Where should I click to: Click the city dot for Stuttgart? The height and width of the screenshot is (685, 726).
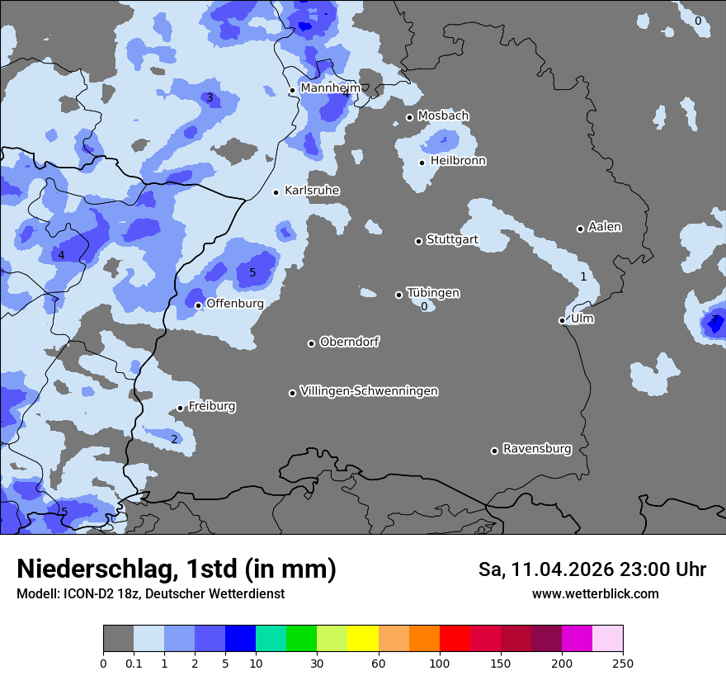tap(418, 241)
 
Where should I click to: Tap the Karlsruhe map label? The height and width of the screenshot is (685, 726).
tap(312, 191)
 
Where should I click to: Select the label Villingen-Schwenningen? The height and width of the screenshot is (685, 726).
tap(369, 391)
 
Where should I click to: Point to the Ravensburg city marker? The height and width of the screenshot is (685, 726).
tap(495, 451)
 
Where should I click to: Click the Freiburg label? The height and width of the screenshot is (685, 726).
tap(212, 406)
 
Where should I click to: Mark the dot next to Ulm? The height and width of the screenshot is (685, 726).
tap(562, 320)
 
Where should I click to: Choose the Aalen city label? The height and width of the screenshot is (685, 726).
tap(605, 227)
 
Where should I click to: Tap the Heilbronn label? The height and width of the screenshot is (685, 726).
tap(458, 161)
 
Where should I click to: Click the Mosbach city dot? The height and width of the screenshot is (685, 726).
tap(409, 117)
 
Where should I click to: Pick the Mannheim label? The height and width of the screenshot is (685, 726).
tap(330, 87)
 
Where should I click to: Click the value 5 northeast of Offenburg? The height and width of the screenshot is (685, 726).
tap(252, 272)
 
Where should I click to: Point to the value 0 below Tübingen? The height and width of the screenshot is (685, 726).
tap(424, 307)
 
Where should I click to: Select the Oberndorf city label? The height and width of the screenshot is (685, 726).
tap(349, 342)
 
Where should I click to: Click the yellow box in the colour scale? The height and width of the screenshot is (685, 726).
tap(363, 639)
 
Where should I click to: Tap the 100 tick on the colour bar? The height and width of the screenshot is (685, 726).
tap(440, 663)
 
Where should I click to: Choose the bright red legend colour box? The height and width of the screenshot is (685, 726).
tap(455, 639)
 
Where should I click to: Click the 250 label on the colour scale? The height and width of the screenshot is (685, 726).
tap(623, 663)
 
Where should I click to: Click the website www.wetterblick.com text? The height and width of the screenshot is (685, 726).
tap(595, 593)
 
